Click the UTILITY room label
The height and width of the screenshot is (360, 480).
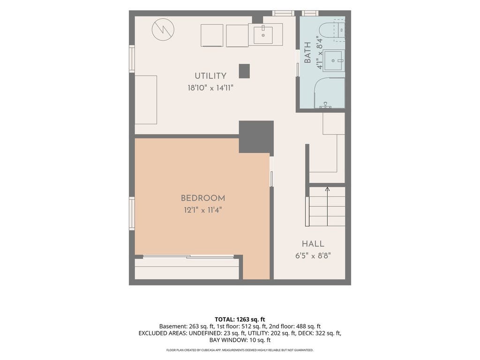tap(210, 75)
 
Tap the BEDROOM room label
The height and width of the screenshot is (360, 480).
tap(203, 198)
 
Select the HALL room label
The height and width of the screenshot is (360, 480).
tap(313, 244)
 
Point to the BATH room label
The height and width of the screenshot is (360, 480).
tap(307, 52)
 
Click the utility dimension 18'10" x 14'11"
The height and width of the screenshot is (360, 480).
tap(210, 88)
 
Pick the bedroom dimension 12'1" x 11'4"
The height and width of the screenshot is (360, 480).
tap(202, 210)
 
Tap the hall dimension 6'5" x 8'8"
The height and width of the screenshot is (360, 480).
tap(313, 255)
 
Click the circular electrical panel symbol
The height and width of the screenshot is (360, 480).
tap(163, 30)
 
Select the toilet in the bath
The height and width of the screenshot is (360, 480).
tap(332, 30)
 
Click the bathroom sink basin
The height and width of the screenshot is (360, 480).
tap(333, 60)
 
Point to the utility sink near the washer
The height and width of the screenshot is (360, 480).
tap(263, 35)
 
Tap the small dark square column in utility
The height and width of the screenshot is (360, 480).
tap(244, 71)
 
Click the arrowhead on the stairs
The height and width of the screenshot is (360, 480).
tap(328, 189)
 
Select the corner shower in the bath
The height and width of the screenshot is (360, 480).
tap(330, 93)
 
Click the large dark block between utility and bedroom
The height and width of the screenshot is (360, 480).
tap(256, 137)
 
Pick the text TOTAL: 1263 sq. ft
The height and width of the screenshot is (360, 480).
tap(240, 320)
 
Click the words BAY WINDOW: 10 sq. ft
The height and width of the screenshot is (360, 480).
tap(240, 340)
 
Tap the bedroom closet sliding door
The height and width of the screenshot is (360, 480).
tap(188, 256)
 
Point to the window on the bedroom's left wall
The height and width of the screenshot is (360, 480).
tap(132, 213)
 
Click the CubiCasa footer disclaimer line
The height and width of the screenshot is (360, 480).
tap(240, 350)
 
